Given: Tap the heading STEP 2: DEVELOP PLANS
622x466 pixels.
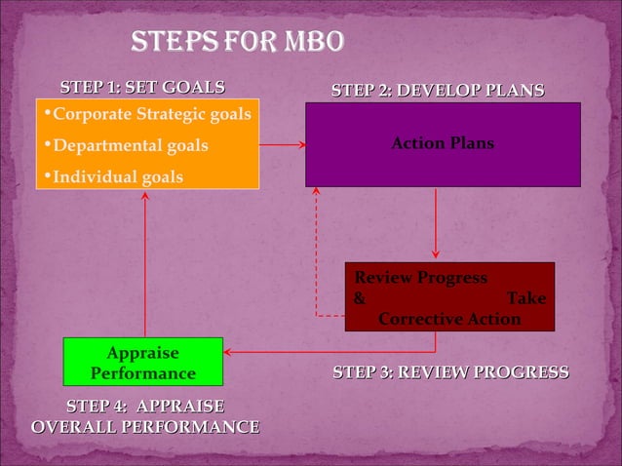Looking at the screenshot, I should (x=438, y=91).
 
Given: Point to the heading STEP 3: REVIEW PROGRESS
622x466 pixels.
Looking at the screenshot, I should (x=450, y=372).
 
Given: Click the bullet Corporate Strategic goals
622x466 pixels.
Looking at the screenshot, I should (x=151, y=115).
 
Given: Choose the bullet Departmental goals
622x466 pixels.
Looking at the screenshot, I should (x=130, y=146).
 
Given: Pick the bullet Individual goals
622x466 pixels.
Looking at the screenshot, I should (x=116, y=177).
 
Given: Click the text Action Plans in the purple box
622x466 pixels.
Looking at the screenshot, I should (x=443, y=143).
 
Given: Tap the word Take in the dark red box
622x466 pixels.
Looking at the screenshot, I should (x=526, y=298).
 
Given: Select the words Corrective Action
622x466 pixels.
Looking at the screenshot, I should (x=448, y=319).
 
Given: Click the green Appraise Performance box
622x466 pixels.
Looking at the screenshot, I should (x=143, y=362).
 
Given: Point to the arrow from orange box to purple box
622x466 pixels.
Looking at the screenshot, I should (x=283, y=144).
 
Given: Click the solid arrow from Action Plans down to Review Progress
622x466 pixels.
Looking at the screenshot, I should (x=435, y=224).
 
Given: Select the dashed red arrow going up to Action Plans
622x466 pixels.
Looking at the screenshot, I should (x=316, y=253).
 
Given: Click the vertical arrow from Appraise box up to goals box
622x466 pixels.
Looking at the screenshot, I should (x=145, y=263).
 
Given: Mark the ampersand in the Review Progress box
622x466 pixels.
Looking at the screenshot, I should (x=360, y=298).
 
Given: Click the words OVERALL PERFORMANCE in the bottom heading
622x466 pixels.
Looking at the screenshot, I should (x=145, y=427).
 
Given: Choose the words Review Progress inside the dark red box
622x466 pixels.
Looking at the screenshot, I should (x=420, y=278).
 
